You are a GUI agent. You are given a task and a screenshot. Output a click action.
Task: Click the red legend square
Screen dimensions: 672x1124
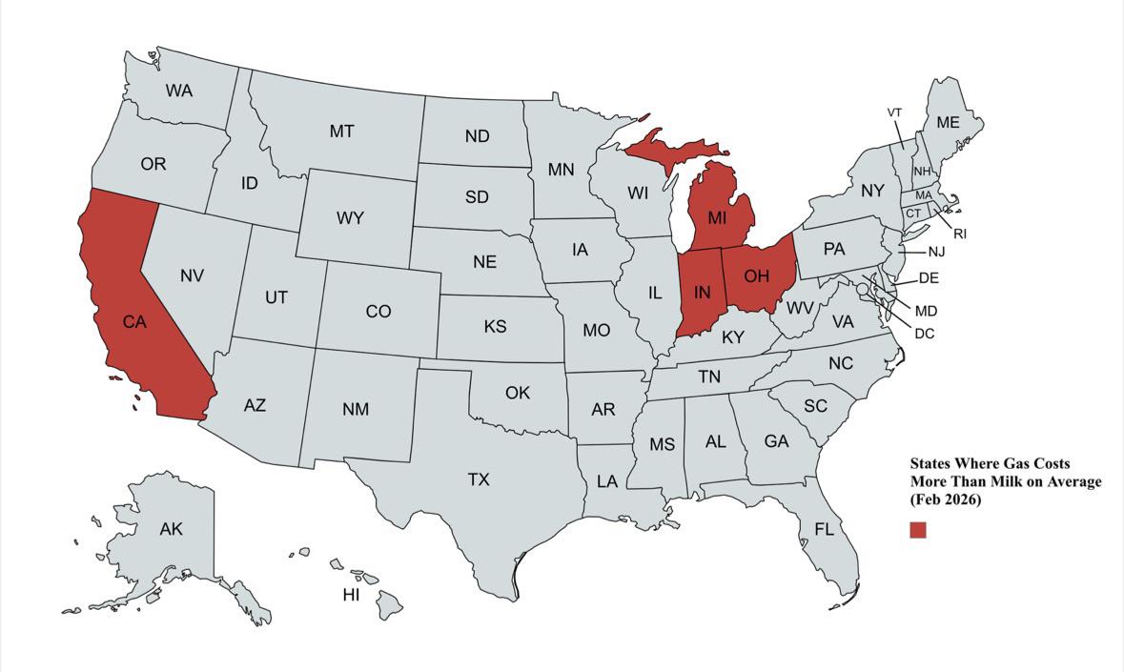917,530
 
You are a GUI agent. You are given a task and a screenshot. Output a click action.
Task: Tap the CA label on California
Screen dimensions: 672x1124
134,322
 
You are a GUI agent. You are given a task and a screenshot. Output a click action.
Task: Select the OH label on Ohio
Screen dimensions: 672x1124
756,276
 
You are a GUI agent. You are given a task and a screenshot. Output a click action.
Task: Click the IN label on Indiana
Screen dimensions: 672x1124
702,292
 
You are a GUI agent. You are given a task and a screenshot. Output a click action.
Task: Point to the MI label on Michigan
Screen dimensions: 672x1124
717,217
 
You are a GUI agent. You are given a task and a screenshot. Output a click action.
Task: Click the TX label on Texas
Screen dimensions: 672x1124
479,479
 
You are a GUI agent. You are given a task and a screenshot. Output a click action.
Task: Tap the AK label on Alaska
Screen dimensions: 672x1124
171,529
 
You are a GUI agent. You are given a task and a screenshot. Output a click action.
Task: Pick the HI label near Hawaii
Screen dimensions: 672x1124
351,595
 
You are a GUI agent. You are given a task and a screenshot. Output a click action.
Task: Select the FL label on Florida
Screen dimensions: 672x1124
824,529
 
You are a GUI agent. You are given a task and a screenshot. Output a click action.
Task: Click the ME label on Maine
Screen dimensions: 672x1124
948,122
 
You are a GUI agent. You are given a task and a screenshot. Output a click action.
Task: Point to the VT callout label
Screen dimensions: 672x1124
894,112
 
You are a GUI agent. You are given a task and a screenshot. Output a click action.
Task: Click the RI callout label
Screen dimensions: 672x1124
960,234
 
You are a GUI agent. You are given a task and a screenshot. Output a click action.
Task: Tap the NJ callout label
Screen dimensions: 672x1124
936,252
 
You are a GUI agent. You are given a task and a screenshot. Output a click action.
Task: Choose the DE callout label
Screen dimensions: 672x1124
929,278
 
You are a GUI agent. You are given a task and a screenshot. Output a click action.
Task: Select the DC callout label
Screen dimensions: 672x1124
924,334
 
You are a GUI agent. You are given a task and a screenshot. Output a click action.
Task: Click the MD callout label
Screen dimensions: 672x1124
926,311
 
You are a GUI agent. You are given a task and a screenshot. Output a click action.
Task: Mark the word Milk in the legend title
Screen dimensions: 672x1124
992,481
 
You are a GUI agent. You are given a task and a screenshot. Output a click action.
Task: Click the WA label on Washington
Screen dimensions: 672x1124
178,92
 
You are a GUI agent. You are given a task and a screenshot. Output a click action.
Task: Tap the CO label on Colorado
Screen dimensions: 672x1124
378,312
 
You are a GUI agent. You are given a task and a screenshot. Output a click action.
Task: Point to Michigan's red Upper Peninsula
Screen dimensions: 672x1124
667,148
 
